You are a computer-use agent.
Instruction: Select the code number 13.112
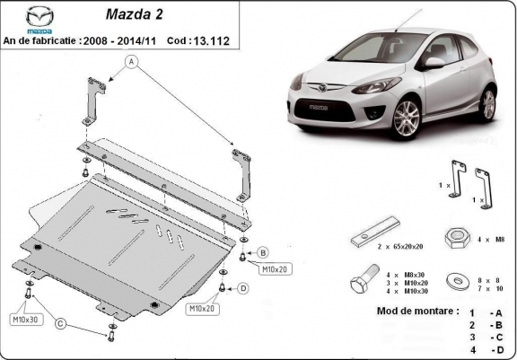215,40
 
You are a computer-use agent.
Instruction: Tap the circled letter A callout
132,62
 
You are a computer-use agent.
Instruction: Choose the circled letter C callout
61,324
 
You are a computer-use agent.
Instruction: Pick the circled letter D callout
243,288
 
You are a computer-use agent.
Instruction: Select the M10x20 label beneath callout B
276,268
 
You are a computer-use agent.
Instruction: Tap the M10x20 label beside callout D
202,308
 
